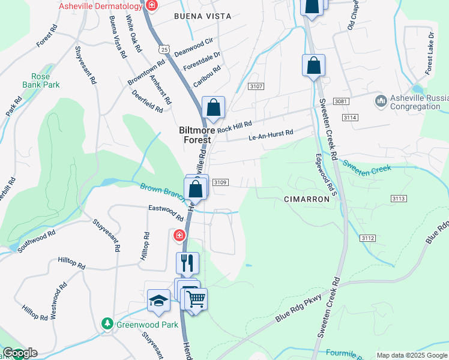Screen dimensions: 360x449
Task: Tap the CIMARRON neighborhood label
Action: (307, 199)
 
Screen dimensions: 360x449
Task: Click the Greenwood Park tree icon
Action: (107, 325)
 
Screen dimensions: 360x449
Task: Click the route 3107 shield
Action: (256, 87)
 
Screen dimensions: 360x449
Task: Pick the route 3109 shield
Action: (220, 182)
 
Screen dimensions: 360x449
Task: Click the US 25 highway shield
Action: (166, 49)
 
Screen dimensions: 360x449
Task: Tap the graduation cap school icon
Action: (158, 300)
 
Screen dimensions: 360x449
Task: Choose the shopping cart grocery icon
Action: (196, 298)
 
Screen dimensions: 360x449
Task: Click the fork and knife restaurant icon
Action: (187, 262)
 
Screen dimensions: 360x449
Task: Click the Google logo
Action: (20, 353)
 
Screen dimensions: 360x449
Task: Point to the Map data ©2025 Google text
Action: (411, 355)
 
